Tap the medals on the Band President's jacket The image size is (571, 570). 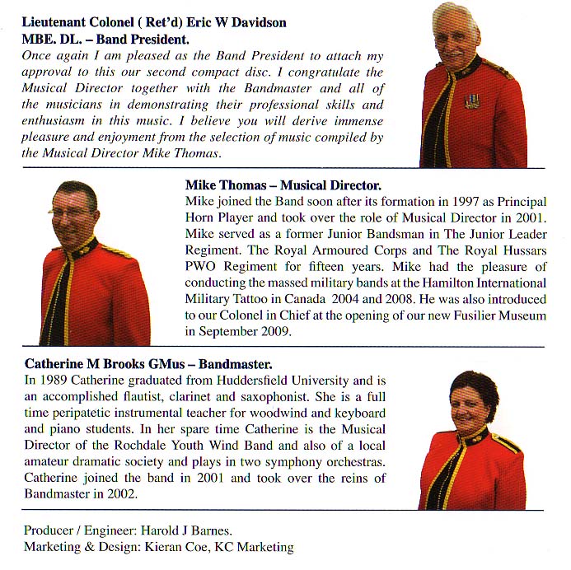coord(471,100)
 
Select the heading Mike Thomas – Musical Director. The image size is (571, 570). coord(283,185)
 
